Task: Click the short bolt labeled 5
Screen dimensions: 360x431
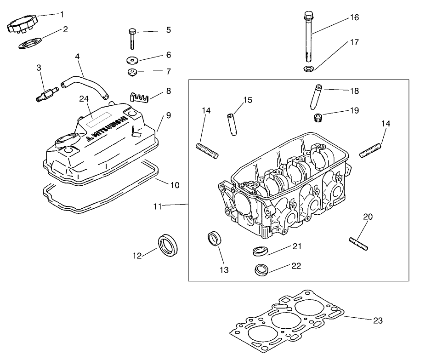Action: click(132, 39)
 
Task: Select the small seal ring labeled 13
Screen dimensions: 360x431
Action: click(214, 239)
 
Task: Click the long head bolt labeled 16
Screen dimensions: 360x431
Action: click(309, 39)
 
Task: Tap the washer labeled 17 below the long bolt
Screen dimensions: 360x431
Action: click(308, 69)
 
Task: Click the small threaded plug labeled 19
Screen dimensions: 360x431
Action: click(316, 118)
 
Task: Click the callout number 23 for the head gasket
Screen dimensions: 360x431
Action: click(377, 320)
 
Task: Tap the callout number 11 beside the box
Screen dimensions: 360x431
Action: click(158, 207)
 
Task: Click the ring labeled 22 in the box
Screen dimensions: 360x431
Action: click(261, 269)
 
